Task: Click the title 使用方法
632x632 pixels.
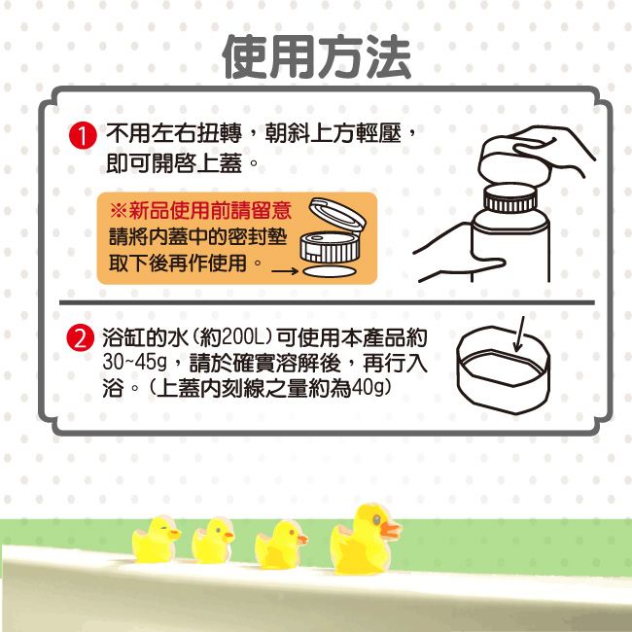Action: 316,56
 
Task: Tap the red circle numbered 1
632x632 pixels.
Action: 83,136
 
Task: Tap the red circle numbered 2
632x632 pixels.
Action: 80,337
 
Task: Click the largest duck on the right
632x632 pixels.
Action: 365,540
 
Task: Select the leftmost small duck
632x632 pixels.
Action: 157,540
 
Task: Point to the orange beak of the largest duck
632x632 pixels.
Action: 390,529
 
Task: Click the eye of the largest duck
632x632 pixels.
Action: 376,520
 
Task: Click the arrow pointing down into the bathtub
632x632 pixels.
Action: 519,334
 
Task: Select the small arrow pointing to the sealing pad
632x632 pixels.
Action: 285,270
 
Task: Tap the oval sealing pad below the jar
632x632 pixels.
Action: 330,271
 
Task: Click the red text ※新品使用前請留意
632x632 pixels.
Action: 200,210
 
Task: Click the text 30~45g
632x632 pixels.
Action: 134,363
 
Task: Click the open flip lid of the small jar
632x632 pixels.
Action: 337,214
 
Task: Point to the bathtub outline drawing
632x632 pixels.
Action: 504,369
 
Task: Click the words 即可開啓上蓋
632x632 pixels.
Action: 173,162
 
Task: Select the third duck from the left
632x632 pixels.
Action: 281,544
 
